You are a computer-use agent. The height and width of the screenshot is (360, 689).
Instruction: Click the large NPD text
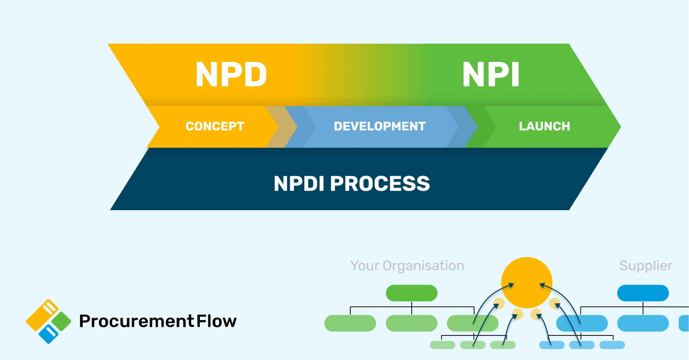pos(231,75)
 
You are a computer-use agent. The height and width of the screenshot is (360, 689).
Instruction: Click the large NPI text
pos(491,75)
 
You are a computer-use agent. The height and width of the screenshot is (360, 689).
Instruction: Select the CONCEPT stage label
pos(214,126)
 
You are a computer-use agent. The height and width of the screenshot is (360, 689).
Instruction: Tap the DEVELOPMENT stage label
pos(379,126)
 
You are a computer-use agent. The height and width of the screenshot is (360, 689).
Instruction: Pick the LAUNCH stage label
pos(544,126)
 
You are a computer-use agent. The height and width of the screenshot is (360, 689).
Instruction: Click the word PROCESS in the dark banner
pos(380,184)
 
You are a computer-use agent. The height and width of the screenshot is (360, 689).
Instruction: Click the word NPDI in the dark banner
pos(299,184)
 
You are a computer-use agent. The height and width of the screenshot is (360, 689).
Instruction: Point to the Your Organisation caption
pos(407,266)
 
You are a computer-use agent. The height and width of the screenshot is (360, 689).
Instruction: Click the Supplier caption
pos(646,266)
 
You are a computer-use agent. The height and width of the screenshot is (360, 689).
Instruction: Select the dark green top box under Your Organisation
pos(411,293)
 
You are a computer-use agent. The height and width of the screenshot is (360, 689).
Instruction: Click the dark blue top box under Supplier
pos(642,293)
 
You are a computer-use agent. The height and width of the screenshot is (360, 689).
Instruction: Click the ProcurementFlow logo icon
pos(48,321)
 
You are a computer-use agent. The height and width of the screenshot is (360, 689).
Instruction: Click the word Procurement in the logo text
pos(137,321)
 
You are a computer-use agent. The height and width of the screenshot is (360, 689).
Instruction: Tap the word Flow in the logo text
pos(217,321)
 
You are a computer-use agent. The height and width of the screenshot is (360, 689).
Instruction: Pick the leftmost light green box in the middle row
pos(350,323)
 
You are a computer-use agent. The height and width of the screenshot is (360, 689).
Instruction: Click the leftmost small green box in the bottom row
pos(442,345)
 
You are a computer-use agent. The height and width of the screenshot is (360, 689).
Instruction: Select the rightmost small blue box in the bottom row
pos(612,345)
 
